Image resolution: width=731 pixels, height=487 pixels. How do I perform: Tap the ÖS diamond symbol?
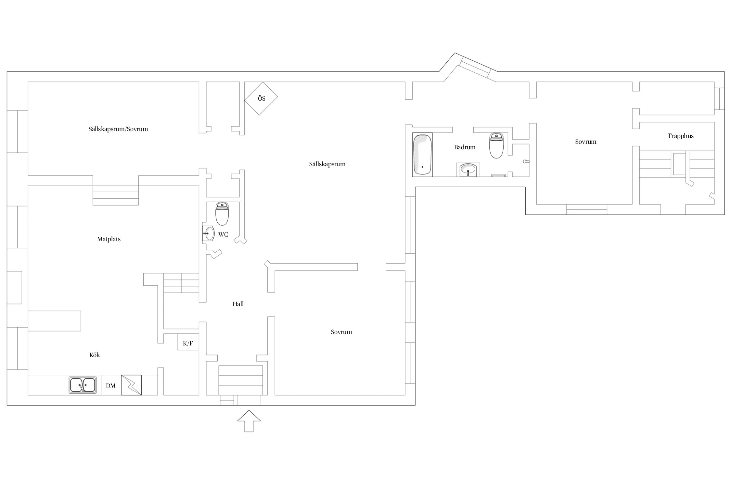[261, 98]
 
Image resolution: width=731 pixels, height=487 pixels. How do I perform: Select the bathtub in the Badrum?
[422, 155]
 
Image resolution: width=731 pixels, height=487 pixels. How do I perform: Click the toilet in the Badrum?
[496, 145]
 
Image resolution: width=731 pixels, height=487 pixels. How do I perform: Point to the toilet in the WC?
[222, 214]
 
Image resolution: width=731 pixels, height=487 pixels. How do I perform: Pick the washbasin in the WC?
[208, 233]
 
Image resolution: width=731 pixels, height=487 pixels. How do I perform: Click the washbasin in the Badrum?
[468, 170]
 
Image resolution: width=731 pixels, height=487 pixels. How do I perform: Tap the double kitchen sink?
[83, 385]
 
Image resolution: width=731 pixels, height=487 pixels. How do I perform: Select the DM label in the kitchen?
[111, 386]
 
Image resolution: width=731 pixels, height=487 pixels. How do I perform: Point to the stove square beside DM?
[131, 385]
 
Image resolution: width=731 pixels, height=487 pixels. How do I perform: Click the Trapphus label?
[680, 136]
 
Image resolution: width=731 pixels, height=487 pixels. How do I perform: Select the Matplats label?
[109, 239]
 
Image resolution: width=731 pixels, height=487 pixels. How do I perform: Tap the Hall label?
[238, 304]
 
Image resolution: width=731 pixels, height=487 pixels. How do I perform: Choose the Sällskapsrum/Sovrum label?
[118, 129]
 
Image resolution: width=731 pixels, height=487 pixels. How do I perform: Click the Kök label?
[95, 355]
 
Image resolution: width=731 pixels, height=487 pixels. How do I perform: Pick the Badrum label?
[465, 147]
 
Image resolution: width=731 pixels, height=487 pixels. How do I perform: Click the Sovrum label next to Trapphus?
[586, 142]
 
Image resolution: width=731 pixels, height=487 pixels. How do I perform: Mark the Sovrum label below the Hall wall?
[341, 332]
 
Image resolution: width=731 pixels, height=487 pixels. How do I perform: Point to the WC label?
[223, 234]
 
